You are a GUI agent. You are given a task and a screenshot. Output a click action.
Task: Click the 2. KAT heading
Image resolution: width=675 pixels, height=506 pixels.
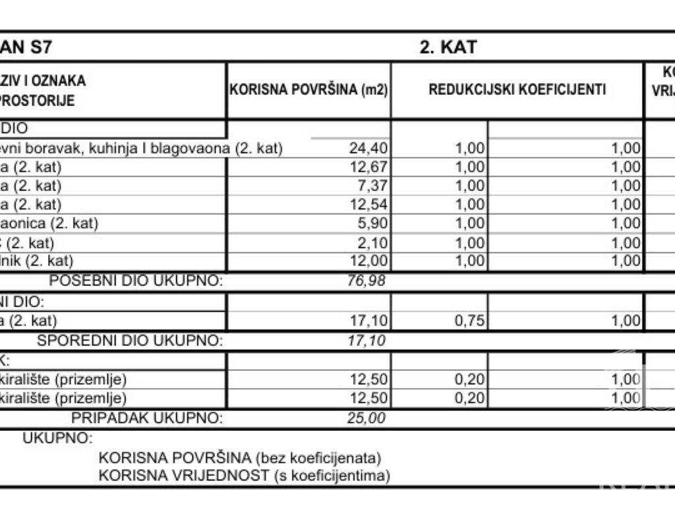(448, 47)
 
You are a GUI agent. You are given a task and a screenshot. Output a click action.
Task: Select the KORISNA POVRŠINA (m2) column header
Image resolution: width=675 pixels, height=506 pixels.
(308, 90)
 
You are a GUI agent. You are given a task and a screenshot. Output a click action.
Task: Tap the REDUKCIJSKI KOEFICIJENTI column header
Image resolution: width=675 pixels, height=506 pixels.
(517, 90)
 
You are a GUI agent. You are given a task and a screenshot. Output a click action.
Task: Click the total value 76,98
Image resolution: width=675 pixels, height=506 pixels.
(366, 281)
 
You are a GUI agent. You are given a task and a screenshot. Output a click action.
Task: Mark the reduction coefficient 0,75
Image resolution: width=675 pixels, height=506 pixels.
(469, 321)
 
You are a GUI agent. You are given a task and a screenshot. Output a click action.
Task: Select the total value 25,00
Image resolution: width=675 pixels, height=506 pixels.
(366, 418)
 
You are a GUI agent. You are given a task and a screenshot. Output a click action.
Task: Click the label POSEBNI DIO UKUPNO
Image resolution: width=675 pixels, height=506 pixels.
(136, 281)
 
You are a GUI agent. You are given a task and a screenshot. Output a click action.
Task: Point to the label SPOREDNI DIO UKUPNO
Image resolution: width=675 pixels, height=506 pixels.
(130, 341)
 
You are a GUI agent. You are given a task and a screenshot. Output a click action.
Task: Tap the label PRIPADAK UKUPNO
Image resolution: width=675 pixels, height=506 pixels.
(147, 418)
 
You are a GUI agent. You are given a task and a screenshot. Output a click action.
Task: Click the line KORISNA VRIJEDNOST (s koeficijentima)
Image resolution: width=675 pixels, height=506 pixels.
(244, 475)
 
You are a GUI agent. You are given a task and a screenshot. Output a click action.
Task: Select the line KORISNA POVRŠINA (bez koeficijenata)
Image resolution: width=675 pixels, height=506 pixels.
(240, 457)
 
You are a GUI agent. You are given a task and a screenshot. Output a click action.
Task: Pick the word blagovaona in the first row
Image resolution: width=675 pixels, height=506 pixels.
(193, 149)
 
